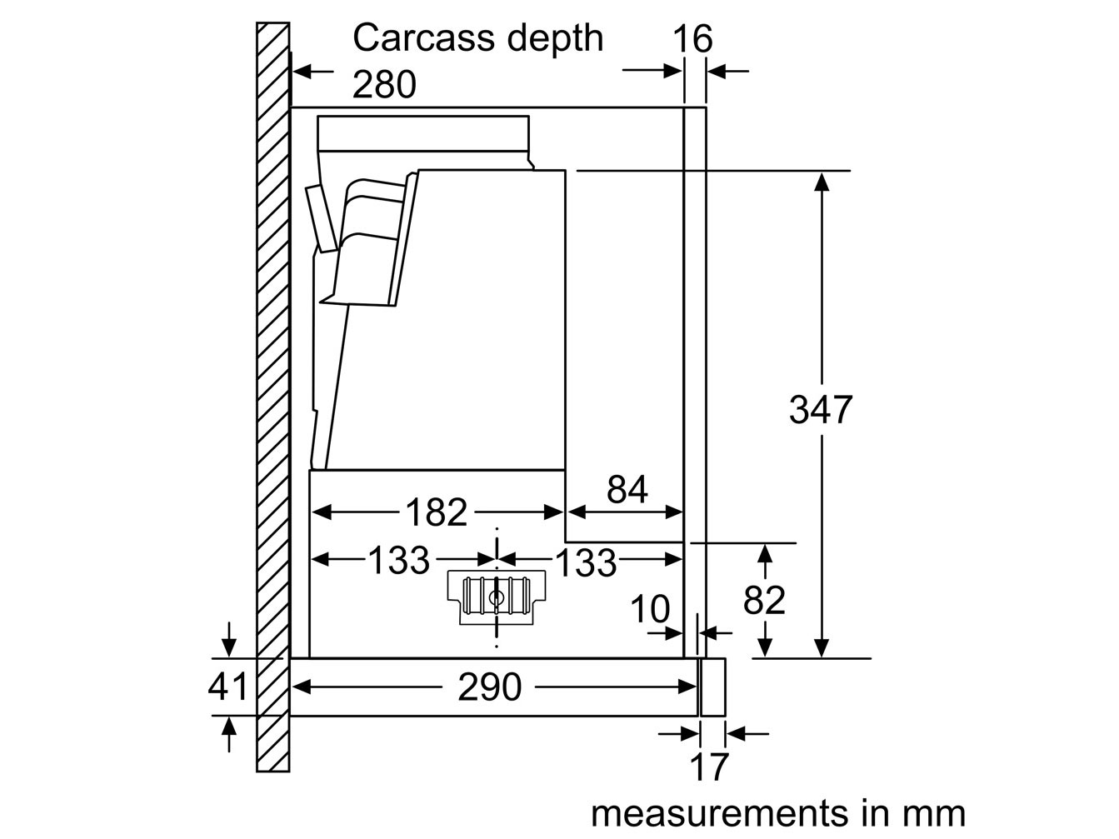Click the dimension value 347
(821, 410)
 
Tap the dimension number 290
(490, 687)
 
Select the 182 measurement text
(436, 512)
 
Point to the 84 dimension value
(627, 491)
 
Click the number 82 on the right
(764, 600)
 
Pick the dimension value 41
(228, 687)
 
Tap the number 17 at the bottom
(709, 767)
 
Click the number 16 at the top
(693, 39)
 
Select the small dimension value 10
(649, 611)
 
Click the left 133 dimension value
(398, 561)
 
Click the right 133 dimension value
(586, 563)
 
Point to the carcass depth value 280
(384, 85)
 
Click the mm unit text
(932, 813)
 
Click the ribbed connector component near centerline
(496, 597)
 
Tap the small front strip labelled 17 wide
(713, 687)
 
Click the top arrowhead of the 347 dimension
(822, 180)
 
